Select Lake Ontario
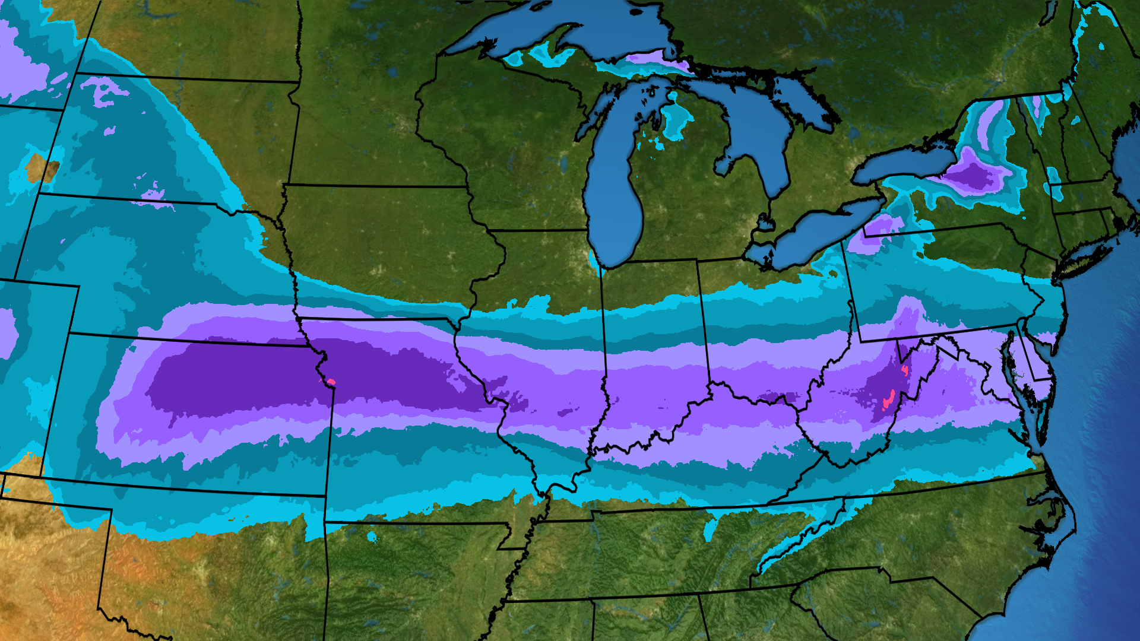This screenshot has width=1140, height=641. pyautogui.click(x=902, y=163)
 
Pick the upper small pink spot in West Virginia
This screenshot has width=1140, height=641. pyautogui.click(x=905, y=370)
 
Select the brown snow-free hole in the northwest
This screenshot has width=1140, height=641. pyautogui.click(x=42, y=169)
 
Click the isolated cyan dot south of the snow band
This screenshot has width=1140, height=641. pyautogui.click(x=372, y=537)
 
